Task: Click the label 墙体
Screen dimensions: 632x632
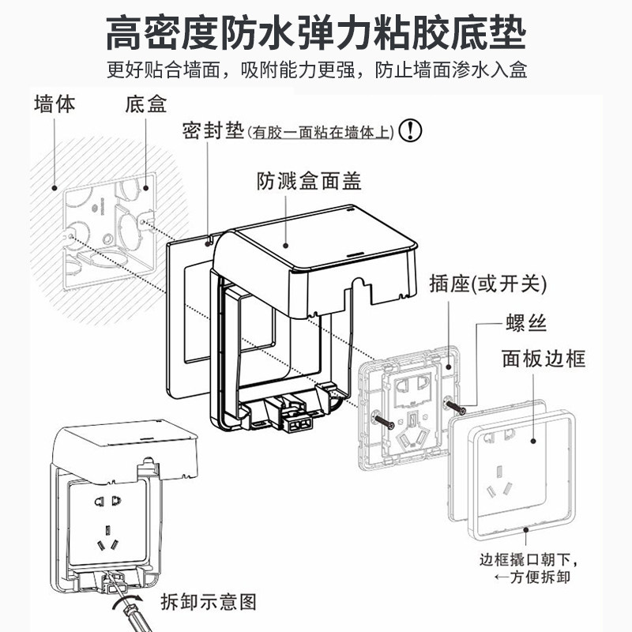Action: pos(55,104)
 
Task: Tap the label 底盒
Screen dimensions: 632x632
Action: pos(145,104)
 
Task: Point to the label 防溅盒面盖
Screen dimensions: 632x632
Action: pos(309,182)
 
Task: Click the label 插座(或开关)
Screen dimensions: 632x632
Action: pos(488,283)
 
